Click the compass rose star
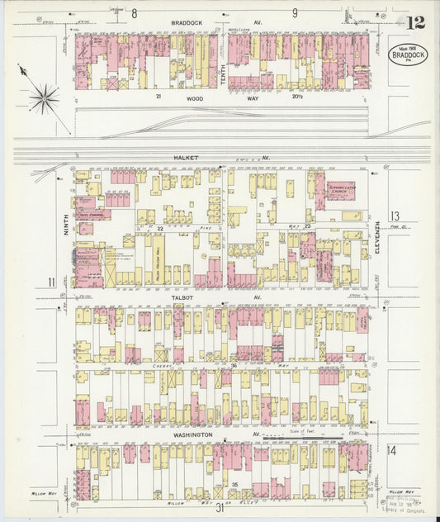(x=44, y=98)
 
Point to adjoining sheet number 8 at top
(x=134, y=12)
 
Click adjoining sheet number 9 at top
(x=295, y=12)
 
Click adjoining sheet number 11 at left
(x=52, y=283)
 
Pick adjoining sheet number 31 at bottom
(x=220, y=509)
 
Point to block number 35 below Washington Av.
(x=236, y=484)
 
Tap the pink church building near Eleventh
(x=339, y=191)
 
